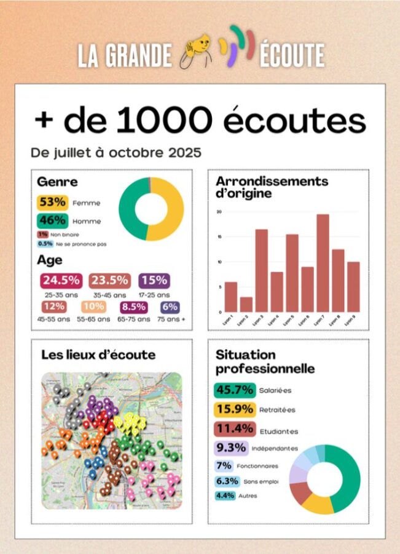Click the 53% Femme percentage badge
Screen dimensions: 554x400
pos(52,202)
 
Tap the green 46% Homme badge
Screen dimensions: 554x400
pos(52,220)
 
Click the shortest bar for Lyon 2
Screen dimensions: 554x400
pos(246,304)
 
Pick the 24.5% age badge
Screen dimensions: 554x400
pos(61,281)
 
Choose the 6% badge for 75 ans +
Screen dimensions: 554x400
pos(170,307)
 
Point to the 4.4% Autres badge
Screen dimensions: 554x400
pos(224,496)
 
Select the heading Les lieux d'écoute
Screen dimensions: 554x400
pos(98,355)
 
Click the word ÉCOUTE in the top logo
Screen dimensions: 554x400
pos(292,56)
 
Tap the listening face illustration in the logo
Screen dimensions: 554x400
pos(196,53)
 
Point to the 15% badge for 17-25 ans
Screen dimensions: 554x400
pos(154,281)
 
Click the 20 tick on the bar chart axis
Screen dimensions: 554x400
pos(219,212)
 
